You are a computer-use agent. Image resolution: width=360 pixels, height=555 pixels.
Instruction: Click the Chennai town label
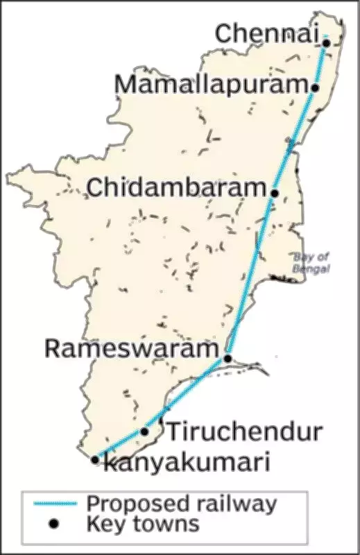click(x=266, y=33)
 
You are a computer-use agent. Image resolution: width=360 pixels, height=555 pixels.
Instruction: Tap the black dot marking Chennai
click(x=325, y=43)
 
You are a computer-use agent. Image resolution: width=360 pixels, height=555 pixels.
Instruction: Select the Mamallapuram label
click(x=211, y=85)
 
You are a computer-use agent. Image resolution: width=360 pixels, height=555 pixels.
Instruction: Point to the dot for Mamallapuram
click(x=315, y=88)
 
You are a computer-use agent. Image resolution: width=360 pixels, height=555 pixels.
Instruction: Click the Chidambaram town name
click(x=178, y=187)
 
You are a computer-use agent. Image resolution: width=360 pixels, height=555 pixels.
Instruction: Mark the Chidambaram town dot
click(x=275, y=193)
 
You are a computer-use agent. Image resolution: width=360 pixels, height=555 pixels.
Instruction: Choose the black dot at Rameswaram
click(x=228, y=359)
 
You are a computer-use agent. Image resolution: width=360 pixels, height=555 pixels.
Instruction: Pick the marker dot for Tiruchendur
click(x=144, y=432)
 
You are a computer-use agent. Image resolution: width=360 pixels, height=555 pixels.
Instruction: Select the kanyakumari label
click(x=185, y=463)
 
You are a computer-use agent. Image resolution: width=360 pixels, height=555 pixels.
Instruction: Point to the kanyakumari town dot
click(x=95, y=459)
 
